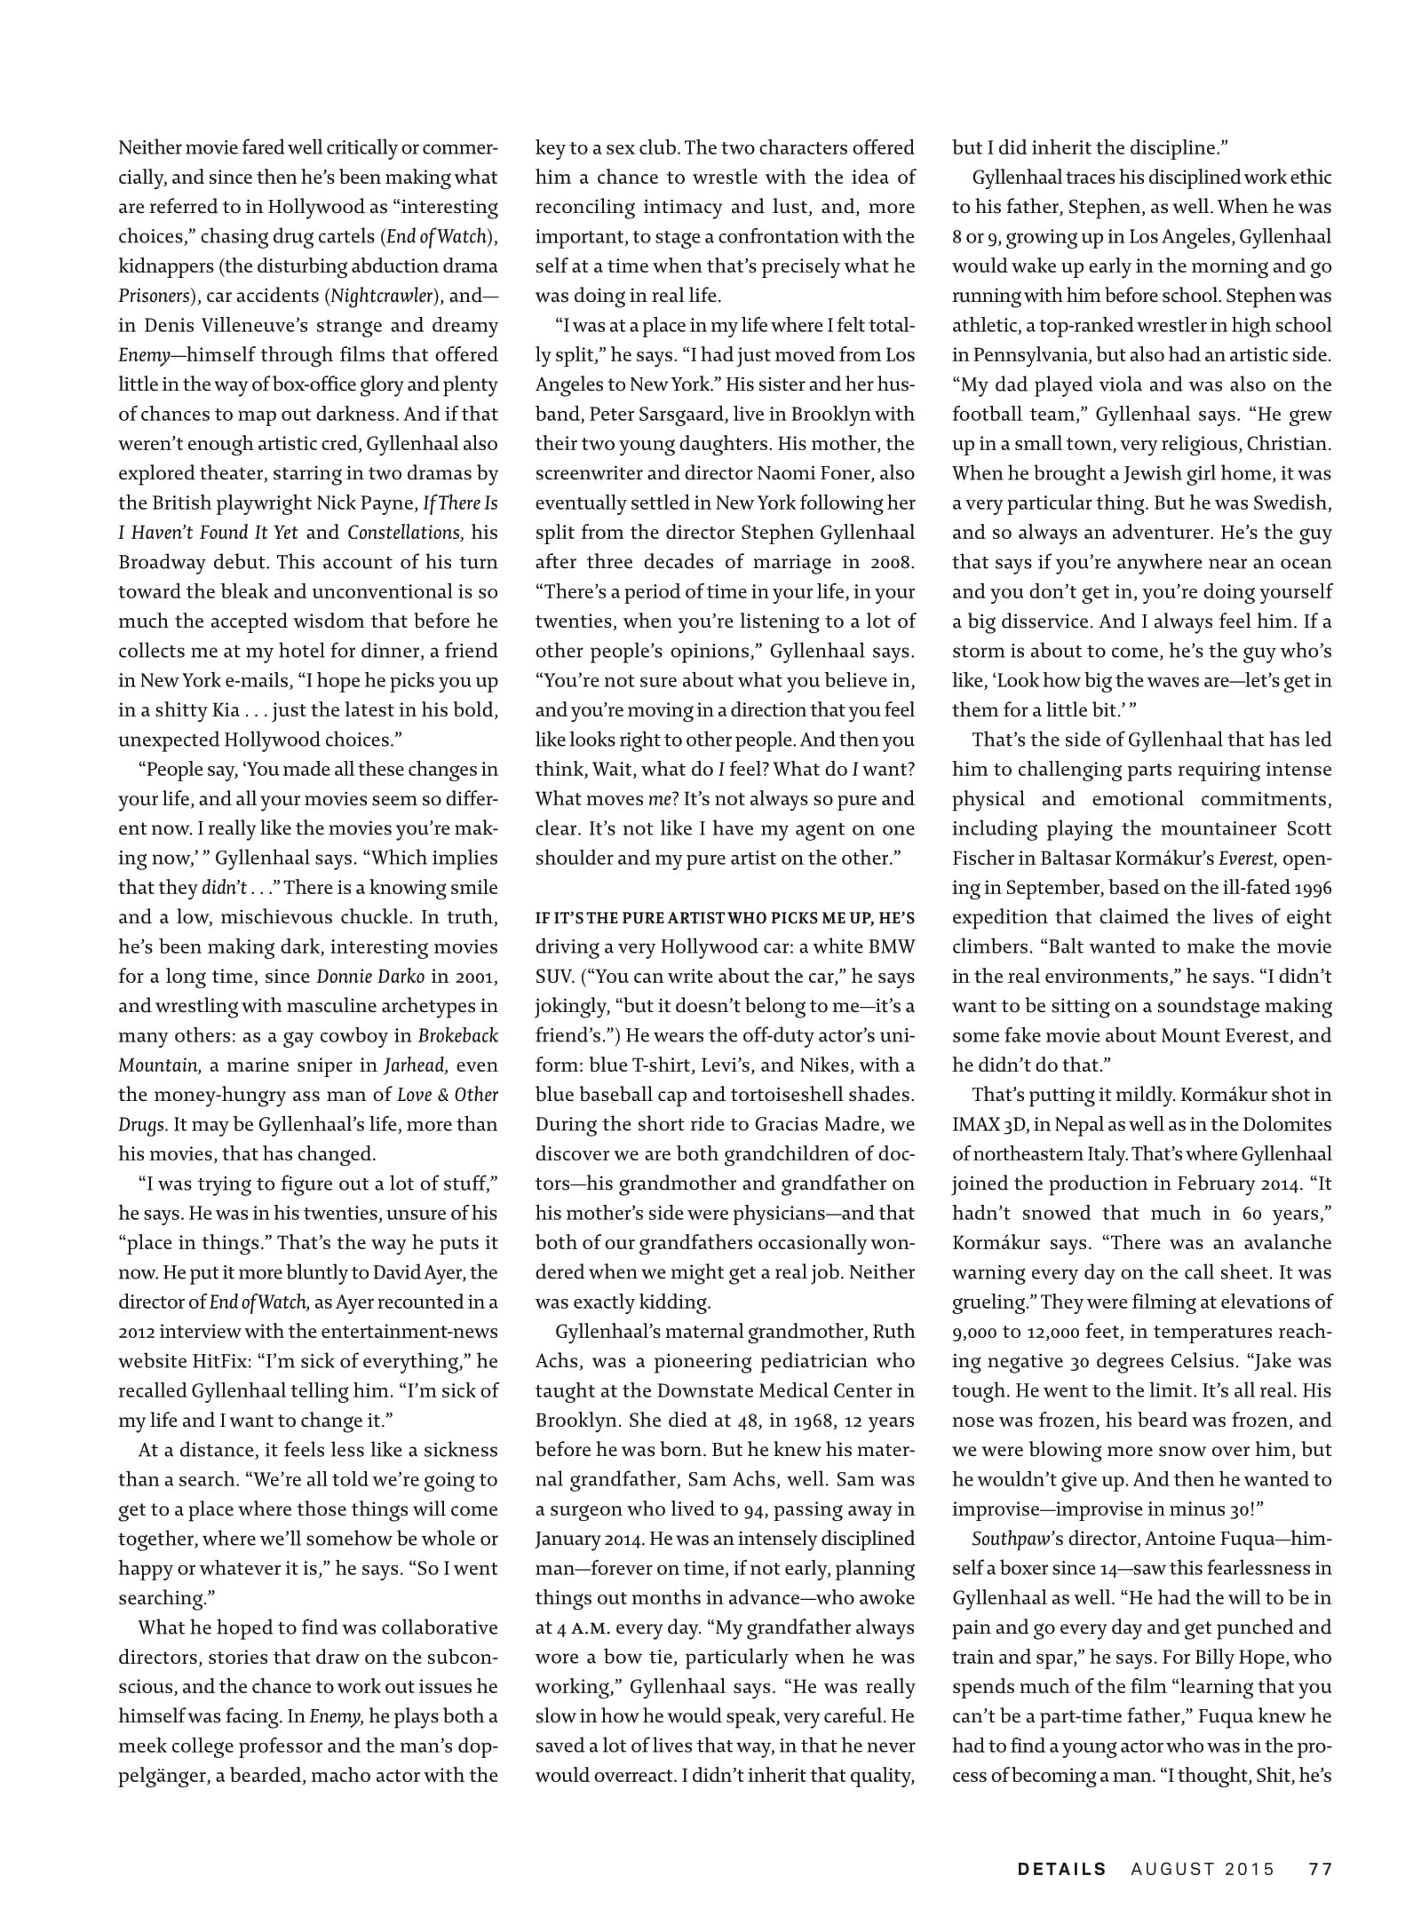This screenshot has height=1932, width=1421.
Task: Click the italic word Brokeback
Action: coord(458,1035)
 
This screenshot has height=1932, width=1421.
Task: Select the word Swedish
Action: coord(1292,503)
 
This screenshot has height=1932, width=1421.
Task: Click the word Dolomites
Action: coord(1288,1124)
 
